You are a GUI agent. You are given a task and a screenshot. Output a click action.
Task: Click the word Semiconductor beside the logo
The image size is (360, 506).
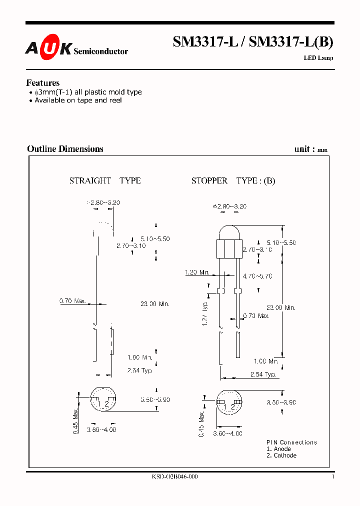[x=100, y=51]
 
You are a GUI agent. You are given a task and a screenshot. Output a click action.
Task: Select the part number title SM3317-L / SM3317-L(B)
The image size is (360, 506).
[x=252, y=42]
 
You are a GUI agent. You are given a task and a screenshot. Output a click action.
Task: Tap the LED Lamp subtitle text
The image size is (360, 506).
[x=318, y=58]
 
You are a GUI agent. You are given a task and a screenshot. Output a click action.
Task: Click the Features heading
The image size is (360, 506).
[x=43, y=83]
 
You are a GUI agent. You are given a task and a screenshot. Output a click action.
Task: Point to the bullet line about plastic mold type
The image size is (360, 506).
[x=85, y=92]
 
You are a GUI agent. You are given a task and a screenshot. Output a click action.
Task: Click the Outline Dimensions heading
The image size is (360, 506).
[x=65, y=149]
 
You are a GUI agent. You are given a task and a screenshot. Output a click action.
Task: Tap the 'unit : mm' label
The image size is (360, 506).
[x=311, y=149]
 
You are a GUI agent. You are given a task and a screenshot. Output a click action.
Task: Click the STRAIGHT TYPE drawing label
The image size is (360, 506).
[x=105, y=180]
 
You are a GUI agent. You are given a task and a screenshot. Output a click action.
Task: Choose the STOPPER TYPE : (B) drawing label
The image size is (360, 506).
[x=233, y=180]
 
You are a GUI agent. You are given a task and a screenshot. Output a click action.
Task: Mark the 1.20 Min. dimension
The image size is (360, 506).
[x=197, y=272]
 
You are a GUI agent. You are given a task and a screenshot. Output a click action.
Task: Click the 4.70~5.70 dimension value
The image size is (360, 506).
[x=256, y=275]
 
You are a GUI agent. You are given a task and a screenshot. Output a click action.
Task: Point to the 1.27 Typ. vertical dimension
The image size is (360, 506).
[x=205, y=314]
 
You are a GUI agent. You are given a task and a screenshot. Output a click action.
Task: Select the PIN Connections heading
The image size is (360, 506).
[x=291, y=442]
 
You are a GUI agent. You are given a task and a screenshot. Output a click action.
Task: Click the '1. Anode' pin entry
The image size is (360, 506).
[x=278, y=449]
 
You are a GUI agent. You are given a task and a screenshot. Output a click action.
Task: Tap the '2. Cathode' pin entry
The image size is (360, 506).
[x=281, y=455]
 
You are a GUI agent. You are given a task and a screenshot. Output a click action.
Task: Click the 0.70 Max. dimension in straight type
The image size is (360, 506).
[x=73, y=301]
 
